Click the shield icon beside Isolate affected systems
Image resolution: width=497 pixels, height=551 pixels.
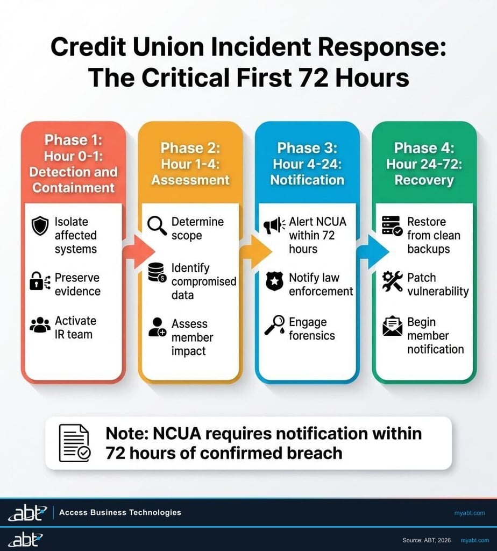point(40,226)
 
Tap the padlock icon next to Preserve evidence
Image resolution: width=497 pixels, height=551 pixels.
point(39,281)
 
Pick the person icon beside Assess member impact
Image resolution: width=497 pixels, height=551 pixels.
point(157,327)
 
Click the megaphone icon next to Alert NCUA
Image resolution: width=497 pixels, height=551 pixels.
point(274,226)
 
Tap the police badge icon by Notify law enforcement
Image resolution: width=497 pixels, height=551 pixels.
point(274,281)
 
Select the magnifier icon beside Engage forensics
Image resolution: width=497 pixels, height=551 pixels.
point(274,325)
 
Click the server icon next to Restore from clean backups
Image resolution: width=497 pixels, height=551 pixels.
point(392,226)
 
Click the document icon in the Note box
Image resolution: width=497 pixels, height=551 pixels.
point(74,443)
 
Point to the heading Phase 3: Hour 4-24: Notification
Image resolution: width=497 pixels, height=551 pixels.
point(307,164)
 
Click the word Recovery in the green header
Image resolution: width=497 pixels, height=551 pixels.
point(424,180)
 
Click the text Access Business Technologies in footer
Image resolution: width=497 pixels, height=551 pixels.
point(120,512)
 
